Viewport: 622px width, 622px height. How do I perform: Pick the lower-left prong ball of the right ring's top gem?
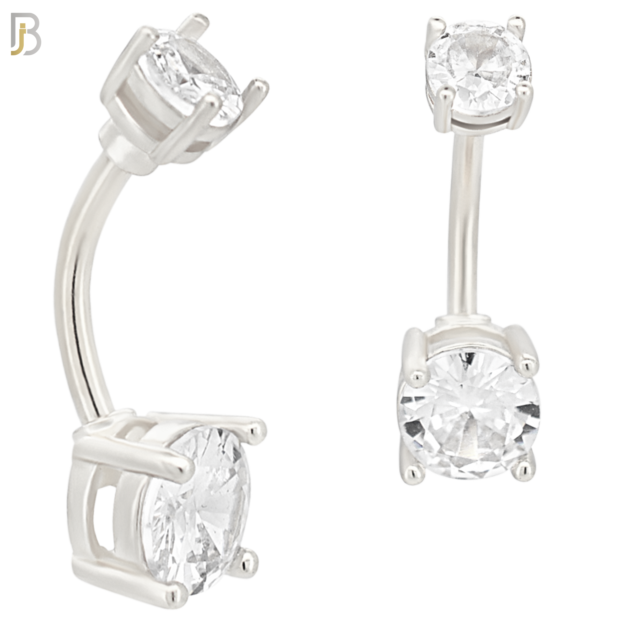pyautogui.click(x=445, y=93)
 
